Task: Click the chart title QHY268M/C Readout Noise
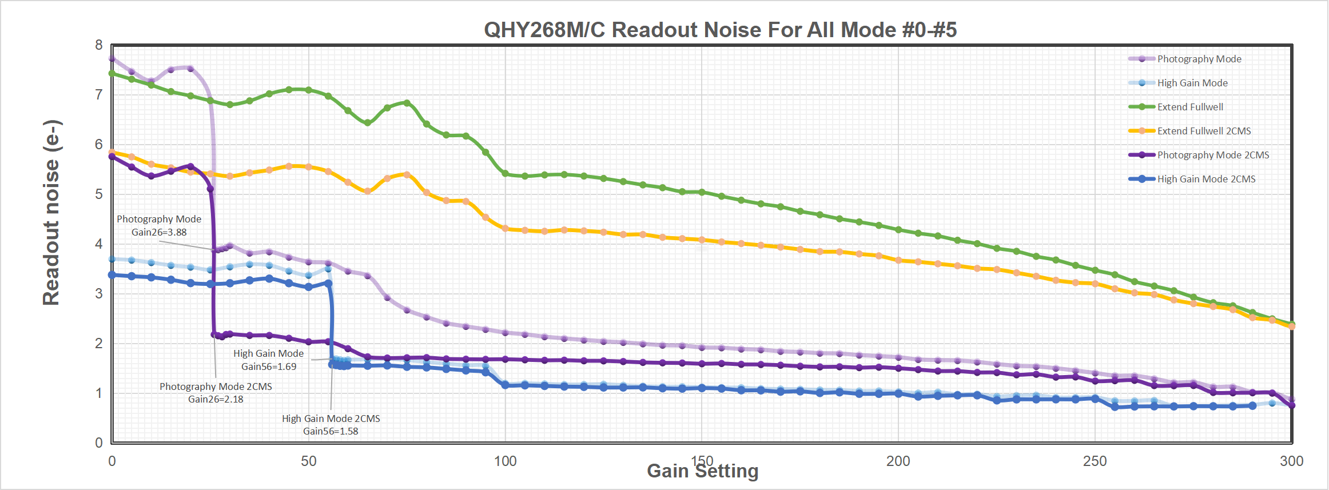720,30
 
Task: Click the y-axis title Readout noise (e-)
51,213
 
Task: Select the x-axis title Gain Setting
702,471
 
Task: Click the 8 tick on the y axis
100,45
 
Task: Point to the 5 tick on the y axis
100,194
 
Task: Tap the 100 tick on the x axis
505,461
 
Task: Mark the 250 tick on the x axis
1095,461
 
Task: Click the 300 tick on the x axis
1291,461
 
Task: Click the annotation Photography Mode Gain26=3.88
159,226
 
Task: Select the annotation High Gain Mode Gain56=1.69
268,360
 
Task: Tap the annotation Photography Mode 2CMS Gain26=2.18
216,393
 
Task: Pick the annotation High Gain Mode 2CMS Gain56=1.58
331,425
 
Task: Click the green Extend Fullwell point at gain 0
112,73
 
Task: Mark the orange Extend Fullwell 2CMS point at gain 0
112,152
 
